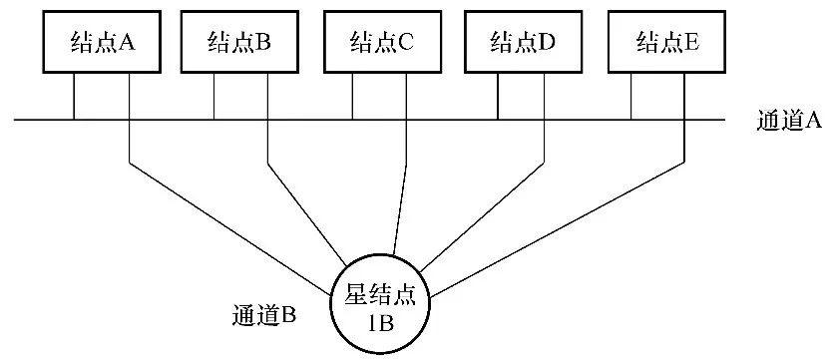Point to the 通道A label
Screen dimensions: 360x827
coord(789,122)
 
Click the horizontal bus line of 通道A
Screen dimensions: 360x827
coord(299,121)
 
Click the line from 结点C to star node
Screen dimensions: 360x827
coord(401,199)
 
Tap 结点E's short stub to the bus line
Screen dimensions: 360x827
coord(631,97)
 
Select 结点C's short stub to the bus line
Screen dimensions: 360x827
coord(352,97)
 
